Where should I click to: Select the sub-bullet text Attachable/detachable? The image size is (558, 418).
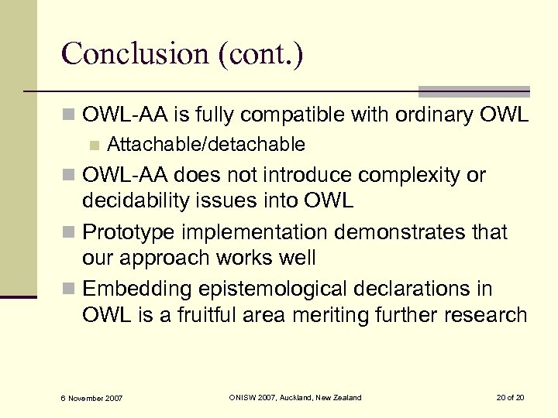click(x=206, y=145)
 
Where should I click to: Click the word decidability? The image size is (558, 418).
click(x=147, y=201)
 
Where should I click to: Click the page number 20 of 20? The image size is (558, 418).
click(x=510, y=397)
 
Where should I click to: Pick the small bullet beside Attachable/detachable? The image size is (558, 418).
click(x=94, y=145)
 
